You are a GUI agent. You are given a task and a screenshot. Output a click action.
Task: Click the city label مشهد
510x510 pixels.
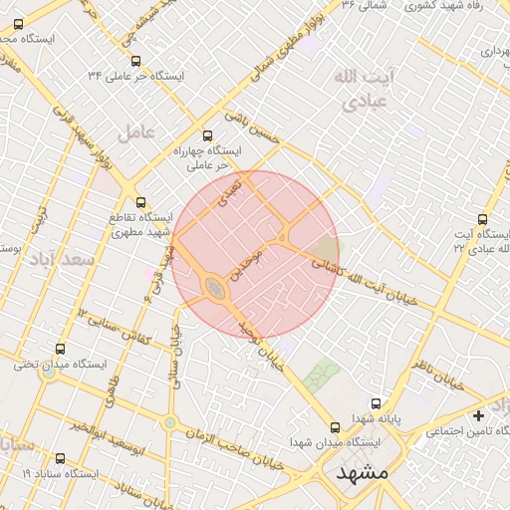point(363,472)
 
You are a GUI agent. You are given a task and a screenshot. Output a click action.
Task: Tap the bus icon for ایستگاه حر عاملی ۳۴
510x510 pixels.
point(136,61)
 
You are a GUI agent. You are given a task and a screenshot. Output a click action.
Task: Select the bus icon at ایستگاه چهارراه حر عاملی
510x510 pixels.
point(208,135)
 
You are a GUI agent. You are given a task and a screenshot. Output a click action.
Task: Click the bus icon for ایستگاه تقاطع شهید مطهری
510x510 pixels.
point(139,202)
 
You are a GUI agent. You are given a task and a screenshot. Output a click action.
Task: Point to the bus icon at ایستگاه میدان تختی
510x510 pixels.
point(61,350)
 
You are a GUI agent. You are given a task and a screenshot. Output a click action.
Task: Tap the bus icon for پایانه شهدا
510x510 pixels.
point(376,404)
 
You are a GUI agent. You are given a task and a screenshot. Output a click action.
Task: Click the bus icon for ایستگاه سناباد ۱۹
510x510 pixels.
point(61,459)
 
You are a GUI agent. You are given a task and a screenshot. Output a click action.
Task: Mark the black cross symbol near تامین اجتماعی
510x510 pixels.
point(479,415)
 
